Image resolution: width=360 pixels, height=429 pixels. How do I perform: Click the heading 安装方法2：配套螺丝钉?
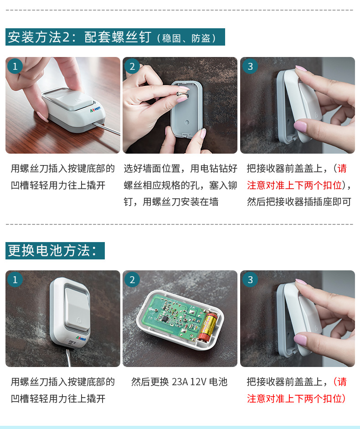[x=80, y=37]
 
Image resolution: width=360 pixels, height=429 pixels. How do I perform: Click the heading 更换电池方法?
[x=52, y=251]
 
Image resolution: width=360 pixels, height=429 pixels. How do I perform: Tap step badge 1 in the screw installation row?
[x=15, y=66]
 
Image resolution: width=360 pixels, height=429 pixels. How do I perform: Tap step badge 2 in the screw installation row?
[x=132, y=66]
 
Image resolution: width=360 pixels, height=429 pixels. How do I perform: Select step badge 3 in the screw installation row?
[x=250, y=66]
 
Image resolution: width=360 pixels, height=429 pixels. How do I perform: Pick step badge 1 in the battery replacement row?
[x=15, y=279]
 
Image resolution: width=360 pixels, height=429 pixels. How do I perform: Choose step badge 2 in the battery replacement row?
[x=132, y=279]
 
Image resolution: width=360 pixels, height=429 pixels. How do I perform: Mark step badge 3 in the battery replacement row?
[x=250, y=279]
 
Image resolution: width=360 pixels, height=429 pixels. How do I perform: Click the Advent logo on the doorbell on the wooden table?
[x=95, y=109]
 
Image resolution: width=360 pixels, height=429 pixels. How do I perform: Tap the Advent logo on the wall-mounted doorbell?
[x=81, y=339]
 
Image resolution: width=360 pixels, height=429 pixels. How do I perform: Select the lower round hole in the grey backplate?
[x=187, y=122]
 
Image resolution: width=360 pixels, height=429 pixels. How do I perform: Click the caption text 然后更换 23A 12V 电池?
[x=179, y=382]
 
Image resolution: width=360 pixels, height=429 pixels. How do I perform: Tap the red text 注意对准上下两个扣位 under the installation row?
[x=295, y=185]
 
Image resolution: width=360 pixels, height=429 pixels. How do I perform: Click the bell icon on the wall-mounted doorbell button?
[x=79, y=320]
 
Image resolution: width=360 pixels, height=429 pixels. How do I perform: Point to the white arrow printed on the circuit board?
[x=151, y=309]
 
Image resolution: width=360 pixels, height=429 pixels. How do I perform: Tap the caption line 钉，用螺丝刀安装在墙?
[x=171, y=202]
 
